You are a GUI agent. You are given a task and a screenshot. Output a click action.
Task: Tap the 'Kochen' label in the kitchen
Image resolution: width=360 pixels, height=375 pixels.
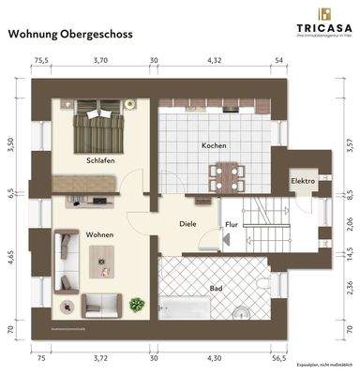coord(214,147)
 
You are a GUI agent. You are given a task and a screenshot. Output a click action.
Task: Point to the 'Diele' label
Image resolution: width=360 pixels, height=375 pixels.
coord(187,224)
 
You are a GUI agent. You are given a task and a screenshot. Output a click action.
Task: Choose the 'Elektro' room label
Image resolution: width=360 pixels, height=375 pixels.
coord(303,180)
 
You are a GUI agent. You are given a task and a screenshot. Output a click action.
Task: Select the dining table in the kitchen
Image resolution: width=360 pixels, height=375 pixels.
coord(226,172)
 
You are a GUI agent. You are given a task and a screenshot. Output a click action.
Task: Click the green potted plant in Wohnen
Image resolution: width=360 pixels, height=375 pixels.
coord(138,304)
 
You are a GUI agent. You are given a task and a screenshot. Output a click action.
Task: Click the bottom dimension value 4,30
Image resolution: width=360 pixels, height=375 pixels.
coord(215,357)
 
